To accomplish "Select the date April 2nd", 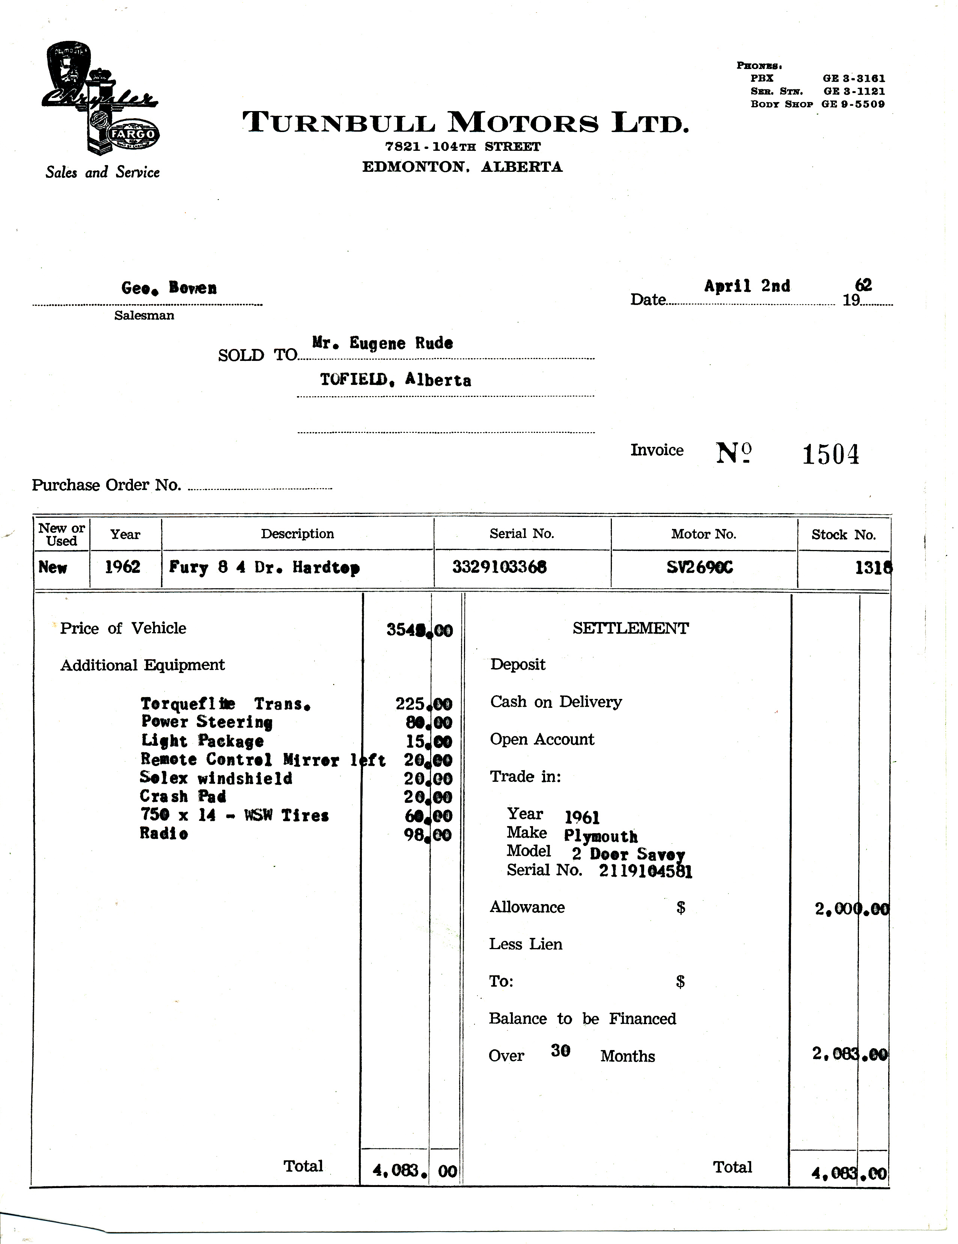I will tap(747, 286).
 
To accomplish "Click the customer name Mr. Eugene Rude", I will tap(383, 344).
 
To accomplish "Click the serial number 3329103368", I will tap(499, 567).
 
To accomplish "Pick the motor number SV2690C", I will tap(699, 567).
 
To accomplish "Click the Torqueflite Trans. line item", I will tap(225, 704).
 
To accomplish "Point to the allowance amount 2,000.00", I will tap(851, 909).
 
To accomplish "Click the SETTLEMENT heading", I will tap(630, 628).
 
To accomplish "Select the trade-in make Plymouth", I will tap(601, 836).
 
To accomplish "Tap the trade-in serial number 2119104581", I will tap(645, 871).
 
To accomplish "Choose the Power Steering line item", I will tap(206, 722).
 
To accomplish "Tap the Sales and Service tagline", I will tap(102, 173).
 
